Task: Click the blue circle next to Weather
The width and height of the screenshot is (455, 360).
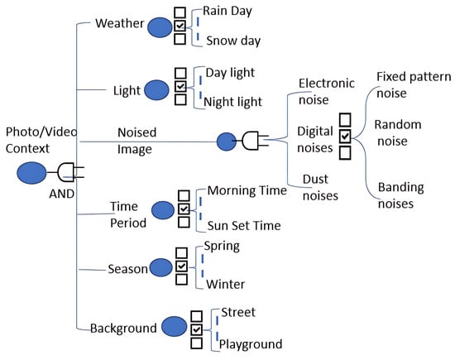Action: (160, 27)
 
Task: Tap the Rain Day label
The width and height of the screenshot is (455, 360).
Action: (227, 12)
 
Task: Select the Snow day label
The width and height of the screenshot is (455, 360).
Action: (233, 41)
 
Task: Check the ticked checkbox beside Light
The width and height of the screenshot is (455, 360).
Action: (180, 86)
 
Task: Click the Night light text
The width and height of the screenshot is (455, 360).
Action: (232, 102)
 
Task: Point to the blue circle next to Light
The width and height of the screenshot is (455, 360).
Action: (156, 90)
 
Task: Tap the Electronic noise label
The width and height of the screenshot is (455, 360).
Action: (327, 92)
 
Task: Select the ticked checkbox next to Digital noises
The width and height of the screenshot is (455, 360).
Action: (345, 137)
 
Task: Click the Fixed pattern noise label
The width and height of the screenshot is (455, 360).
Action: (414, 84)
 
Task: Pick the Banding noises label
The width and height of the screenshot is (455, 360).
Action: (400, 195)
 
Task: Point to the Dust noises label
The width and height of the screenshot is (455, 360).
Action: (320, 187)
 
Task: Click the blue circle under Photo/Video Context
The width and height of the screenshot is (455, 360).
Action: (31, 173)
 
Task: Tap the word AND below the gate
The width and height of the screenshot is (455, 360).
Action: (61, 194)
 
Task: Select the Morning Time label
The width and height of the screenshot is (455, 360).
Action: (247, 190)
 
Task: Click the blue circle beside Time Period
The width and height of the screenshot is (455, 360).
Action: (163, 210)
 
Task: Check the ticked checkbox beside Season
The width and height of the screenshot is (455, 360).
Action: (182, 266)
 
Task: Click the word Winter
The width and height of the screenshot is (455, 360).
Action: (225, 284)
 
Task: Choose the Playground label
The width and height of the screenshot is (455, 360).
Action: (251, 344)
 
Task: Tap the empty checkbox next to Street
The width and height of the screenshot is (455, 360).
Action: (196, 316)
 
